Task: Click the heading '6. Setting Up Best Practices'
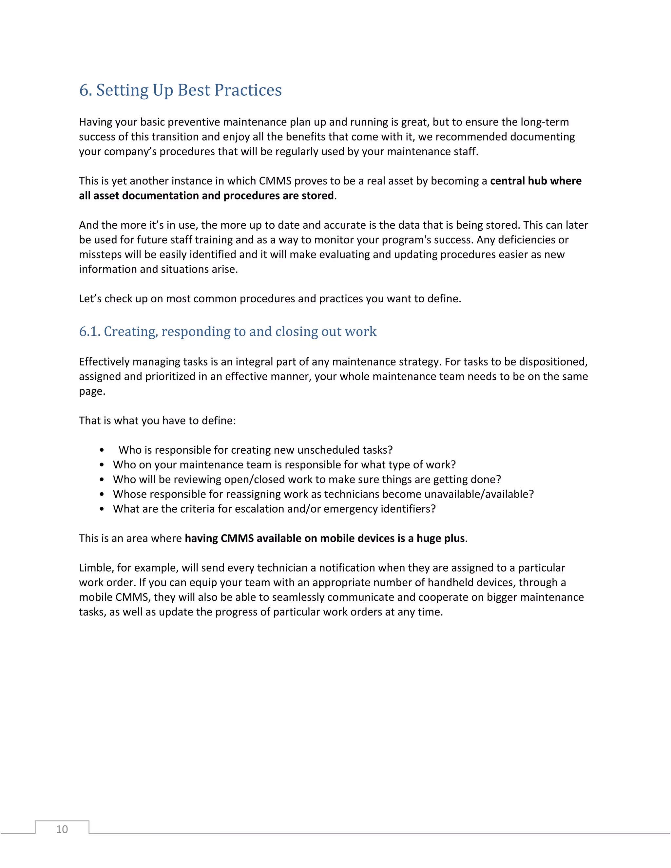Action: coord(180,90)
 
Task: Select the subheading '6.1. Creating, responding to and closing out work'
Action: coord(227,331)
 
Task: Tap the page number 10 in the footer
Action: coord(62,829)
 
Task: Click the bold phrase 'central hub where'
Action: coord(535,181)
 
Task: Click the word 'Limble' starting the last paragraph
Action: coord(95,568)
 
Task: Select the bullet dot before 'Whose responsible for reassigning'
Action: coord(102,494)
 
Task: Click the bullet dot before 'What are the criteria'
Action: coord(102,509)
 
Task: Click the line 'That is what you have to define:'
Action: coord(157,421)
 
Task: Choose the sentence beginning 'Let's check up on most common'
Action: coord(270,298)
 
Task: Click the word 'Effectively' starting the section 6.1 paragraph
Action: coord(104,362)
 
